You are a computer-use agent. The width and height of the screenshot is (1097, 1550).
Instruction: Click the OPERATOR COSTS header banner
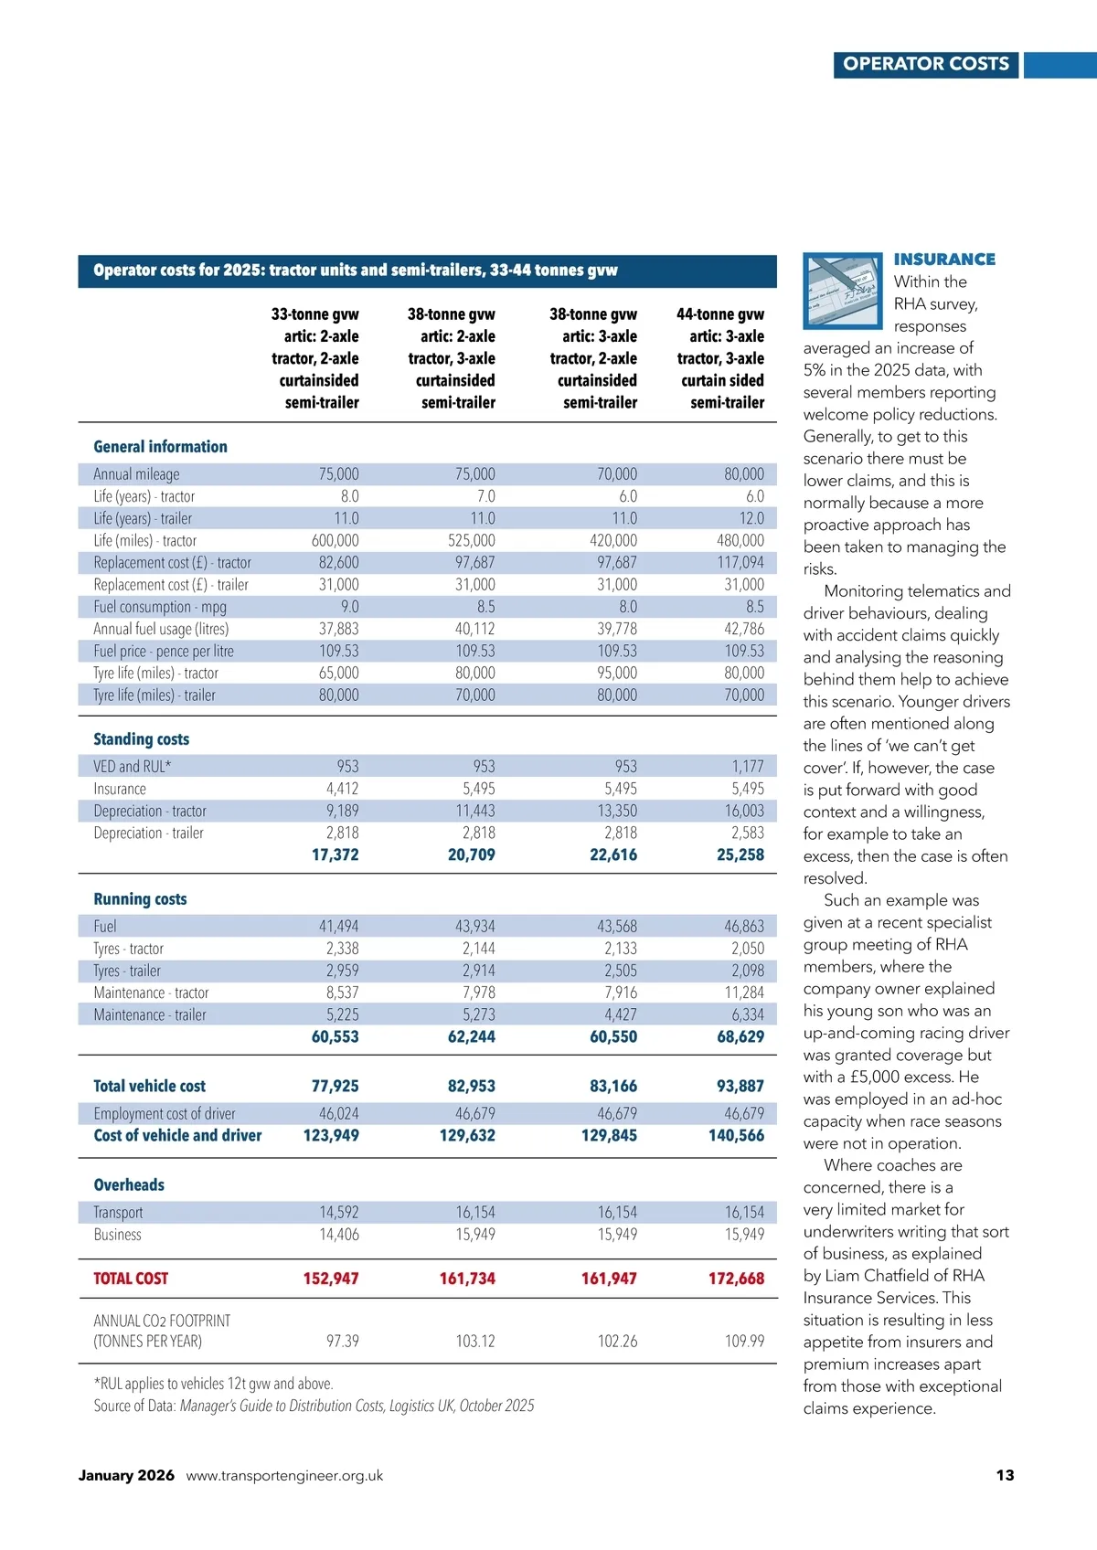[x=925, y=64]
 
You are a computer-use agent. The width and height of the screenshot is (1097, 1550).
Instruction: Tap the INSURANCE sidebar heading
[x=944, y=260]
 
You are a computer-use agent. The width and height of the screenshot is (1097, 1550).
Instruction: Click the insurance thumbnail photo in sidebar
[x=842, y=291]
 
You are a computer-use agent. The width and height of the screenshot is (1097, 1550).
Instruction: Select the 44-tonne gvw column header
[x=720, y=358]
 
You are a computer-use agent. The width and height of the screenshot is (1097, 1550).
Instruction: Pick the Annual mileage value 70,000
[x=617, y=474]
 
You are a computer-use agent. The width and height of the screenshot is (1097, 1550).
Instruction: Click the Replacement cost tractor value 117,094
[x=740, y=563]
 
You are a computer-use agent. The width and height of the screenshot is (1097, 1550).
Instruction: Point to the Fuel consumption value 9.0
[x=349, y=607]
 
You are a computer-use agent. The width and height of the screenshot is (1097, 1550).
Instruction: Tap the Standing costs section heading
[x=142, y=739]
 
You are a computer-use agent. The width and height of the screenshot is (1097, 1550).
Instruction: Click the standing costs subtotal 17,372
[x=335, y=855]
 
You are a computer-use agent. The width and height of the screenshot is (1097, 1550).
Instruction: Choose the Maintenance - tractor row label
[x=151, y=993]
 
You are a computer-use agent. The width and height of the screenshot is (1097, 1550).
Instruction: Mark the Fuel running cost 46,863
[x=744, y=927]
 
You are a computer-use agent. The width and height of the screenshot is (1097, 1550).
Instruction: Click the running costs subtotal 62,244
[x=471, y=1037]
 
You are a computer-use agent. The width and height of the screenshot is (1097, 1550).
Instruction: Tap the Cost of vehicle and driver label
[x=177, y=1136]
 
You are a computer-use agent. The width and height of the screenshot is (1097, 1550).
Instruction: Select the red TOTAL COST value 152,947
[x=331, y=1279]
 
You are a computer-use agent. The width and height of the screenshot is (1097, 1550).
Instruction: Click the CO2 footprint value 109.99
[x=744, y=1342]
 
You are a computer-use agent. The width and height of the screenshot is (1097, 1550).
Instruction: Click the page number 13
[x=1005, y=1475]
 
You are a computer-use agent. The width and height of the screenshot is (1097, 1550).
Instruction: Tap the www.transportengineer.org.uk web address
[x=284, y=1476]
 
